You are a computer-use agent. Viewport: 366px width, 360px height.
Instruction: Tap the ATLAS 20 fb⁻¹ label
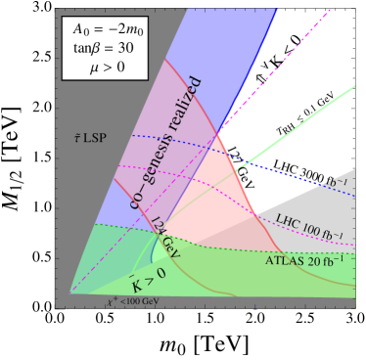[x=299, y=261]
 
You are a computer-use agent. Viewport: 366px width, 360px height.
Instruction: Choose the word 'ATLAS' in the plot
[x=283, y=261]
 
